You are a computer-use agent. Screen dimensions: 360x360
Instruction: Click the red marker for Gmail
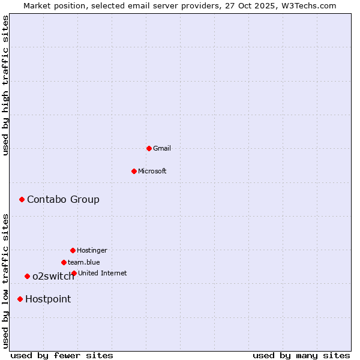[x=149, y=148]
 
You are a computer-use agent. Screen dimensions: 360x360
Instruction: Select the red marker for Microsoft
[x=134, y=171]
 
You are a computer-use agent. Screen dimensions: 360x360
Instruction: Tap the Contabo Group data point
[x=22, y=199]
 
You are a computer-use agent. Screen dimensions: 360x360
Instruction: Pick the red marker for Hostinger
[x=73, y=250]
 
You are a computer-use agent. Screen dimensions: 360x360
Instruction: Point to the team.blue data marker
[x=64, y=262]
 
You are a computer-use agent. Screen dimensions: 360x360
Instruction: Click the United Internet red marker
[x=74, y=273]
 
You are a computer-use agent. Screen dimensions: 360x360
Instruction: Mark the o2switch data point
[x=27, y=276]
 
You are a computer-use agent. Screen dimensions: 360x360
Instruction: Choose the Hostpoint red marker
[x=20, y=299]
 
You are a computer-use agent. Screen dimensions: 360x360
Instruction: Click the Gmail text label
[x=162, y=148]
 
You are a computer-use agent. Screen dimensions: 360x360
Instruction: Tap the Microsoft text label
[x=152, y=171]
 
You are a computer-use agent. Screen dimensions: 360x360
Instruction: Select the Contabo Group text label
[x=63, y=199]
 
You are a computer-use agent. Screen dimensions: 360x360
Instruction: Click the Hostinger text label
[x=92, y=250]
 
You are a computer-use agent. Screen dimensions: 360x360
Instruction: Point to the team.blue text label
[x=84, y=262]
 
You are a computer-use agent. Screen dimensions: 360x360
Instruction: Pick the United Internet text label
[x=103, y=273]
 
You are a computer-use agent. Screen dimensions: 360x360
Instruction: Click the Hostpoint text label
[x=48, y=299]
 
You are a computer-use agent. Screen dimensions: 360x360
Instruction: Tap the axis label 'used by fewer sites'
[x=62, y=355]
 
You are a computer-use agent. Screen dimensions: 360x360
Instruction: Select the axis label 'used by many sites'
[x=301, y=355]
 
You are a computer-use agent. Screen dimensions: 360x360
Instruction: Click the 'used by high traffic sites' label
[x=5, y=85]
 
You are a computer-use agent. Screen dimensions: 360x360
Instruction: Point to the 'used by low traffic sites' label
[x=5, y=281]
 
